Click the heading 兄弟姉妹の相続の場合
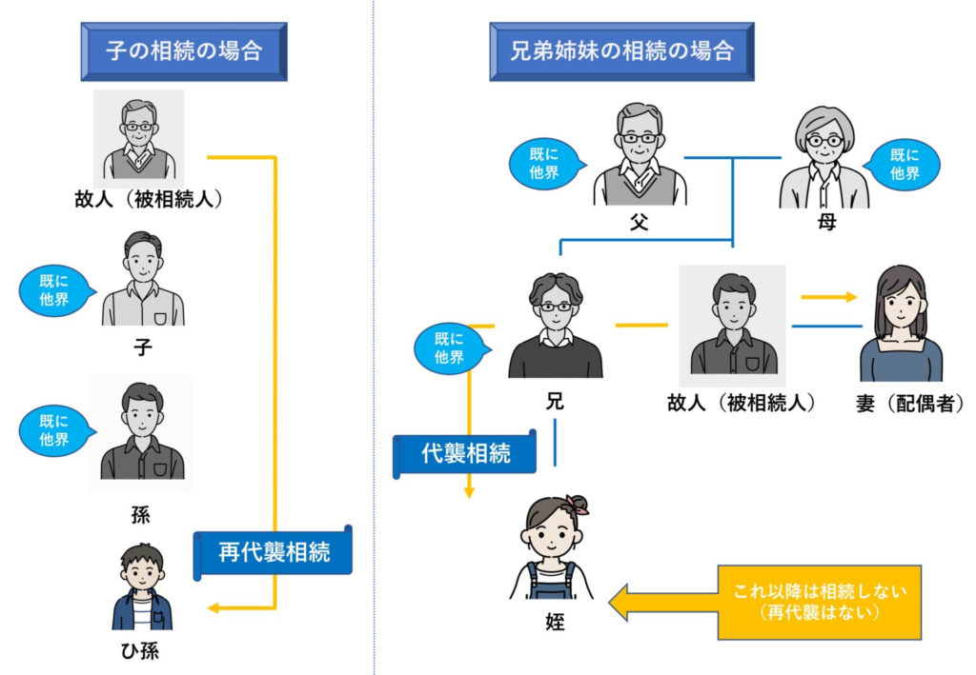pyautogui.click(x=620, y=50)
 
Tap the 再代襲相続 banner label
pyautogui.click(x=274, y=552)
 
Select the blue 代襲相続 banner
pyautogui.click(x=466, y=452)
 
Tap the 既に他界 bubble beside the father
pyautogui.click(x=543, y=164)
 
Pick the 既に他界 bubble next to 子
pyautogui.click(x=54, y=290)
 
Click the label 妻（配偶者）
pyautogui.click(x=909, y=403)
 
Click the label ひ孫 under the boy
pyautogui.click(x=141, y=651)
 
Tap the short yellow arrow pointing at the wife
pyautogui.click(x=828, y=297)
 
